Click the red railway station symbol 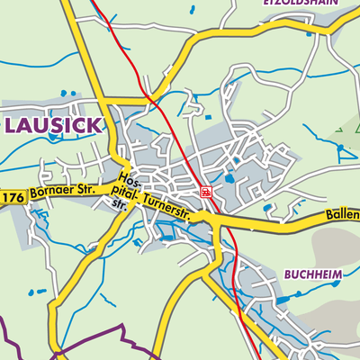coord(205,192)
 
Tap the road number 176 coord(11,196)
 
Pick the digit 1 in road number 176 coord(5,196)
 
